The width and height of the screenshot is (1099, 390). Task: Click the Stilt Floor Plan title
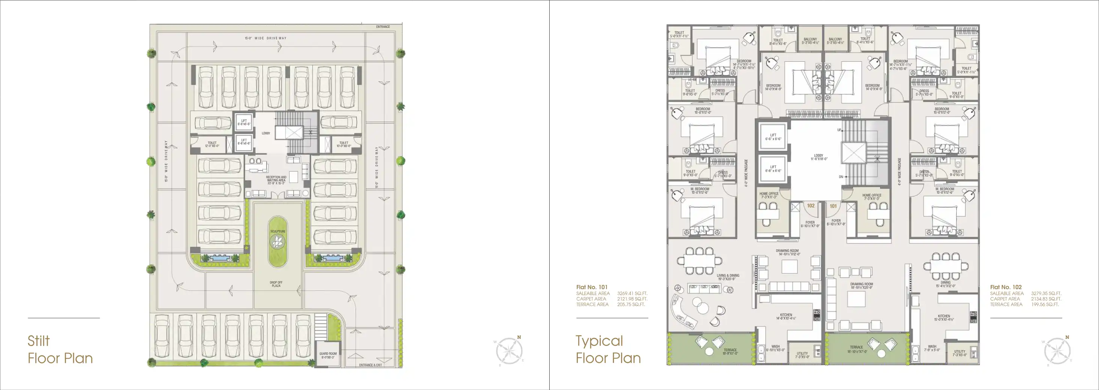(x=60, y=349)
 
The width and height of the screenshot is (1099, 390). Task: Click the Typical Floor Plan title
(x=608, y=349)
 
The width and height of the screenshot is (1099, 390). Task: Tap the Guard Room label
(x=328, y=355)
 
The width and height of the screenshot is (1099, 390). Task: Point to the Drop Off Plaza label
(x=276, y=284)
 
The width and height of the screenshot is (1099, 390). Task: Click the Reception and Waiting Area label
(x=276, y=180)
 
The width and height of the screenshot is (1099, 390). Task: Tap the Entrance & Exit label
(x=370, y=365)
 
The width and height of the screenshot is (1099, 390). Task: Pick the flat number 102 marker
(x=811, y=205)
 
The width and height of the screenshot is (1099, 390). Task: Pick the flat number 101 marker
(x=833, y=206)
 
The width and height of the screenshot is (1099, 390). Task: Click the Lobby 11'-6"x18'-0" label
(x=819, y=157)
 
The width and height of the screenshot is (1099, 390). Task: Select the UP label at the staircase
(x=839, y=130)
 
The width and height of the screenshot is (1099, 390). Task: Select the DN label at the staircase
(x=841, y=176)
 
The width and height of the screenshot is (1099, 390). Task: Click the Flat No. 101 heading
(x=592, y=287)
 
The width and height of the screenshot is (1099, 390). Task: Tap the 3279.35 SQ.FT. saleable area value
(x=1046, y=293)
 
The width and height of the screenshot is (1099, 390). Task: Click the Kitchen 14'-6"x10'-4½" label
(x=786, y=317)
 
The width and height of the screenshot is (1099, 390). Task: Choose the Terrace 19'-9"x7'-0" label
(x=730, y=352)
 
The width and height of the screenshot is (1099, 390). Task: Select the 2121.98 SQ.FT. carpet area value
(x=632, y=299)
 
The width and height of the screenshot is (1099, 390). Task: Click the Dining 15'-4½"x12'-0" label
(x=945, y=284)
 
